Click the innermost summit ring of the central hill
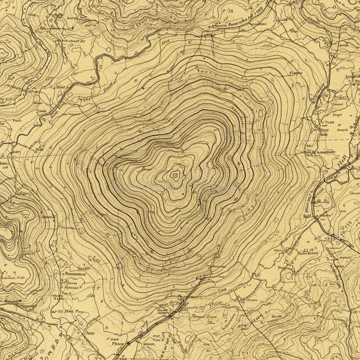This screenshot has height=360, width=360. [x=175, y=175]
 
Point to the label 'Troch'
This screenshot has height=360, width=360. [x=41, y=112]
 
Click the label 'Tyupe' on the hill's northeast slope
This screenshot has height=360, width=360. [x=294, y=73]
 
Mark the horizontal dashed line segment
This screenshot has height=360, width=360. [x=337, y=140]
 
